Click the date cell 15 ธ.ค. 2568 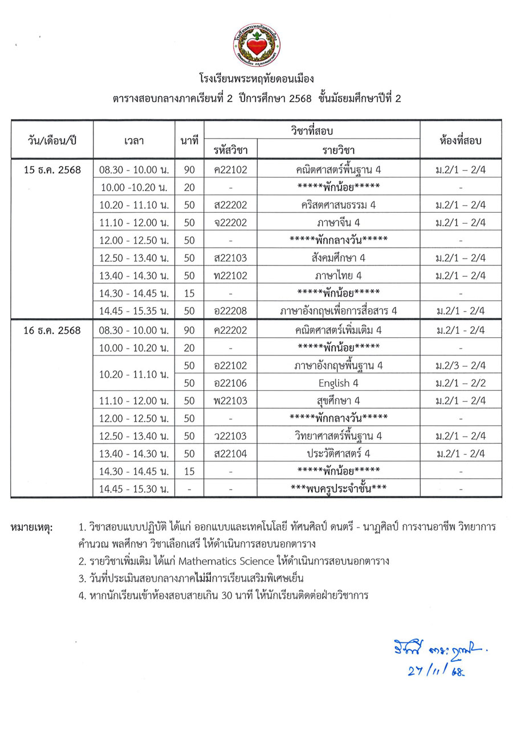52,170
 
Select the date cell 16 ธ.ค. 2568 52,330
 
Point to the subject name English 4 339,383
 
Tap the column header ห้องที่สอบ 461,140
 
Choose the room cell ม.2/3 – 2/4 461,365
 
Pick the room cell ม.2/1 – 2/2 461,383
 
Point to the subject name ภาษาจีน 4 339,223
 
